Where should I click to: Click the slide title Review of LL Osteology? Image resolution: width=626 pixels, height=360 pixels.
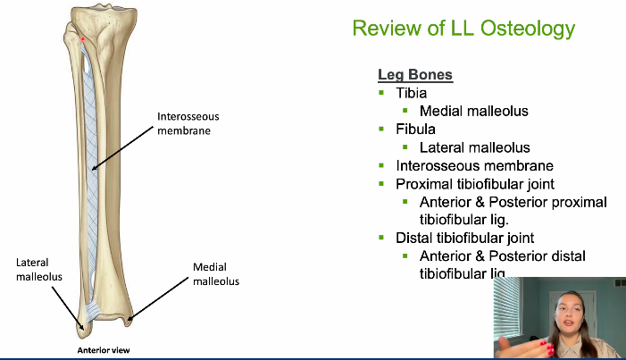463,29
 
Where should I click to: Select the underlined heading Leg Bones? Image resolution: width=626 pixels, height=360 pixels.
415,75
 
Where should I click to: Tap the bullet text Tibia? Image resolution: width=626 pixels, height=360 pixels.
411,93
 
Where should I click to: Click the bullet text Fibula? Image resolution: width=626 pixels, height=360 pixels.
415,130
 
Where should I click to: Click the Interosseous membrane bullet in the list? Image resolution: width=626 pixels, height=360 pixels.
474,166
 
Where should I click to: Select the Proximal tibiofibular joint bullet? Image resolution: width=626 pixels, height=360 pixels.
475,184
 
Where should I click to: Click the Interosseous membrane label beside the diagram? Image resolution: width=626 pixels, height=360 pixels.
188,123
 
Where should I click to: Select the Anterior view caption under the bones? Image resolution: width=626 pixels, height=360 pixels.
103,350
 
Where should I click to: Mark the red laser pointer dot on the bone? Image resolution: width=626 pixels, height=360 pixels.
82,38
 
